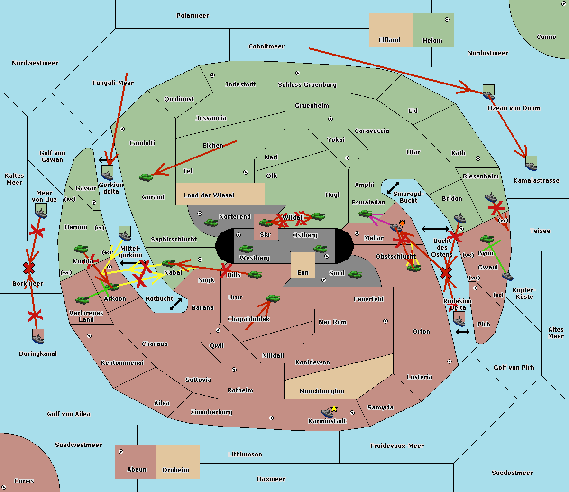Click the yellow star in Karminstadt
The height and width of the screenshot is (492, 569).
[334, 408]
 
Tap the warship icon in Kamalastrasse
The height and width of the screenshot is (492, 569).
[531, 166]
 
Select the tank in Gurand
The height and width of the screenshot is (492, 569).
[146, 177]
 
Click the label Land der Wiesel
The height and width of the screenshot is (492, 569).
[209, 195]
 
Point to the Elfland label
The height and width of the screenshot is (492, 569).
[389, 40]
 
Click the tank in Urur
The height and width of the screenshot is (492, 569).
[273, 298]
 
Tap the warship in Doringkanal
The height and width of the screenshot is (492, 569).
[38, 339]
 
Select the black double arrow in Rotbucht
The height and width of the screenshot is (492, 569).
[175, 305]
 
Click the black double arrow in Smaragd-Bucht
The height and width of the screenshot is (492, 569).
[393, 187]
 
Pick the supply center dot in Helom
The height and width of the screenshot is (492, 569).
[447, 19]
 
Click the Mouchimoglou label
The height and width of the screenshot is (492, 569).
[322, 391]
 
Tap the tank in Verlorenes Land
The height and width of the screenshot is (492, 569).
[83, 300]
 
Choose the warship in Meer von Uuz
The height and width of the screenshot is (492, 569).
[41, 213]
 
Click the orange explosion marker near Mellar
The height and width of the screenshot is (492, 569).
[402, 223]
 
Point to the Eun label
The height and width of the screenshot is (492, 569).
[303, 273]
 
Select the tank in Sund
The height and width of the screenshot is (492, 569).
[355, 274]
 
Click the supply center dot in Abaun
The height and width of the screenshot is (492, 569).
[121, 452]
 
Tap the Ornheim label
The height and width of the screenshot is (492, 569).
[175, 470]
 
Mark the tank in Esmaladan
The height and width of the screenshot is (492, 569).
[365, 213]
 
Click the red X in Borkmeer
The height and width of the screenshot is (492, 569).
[29, 268]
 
